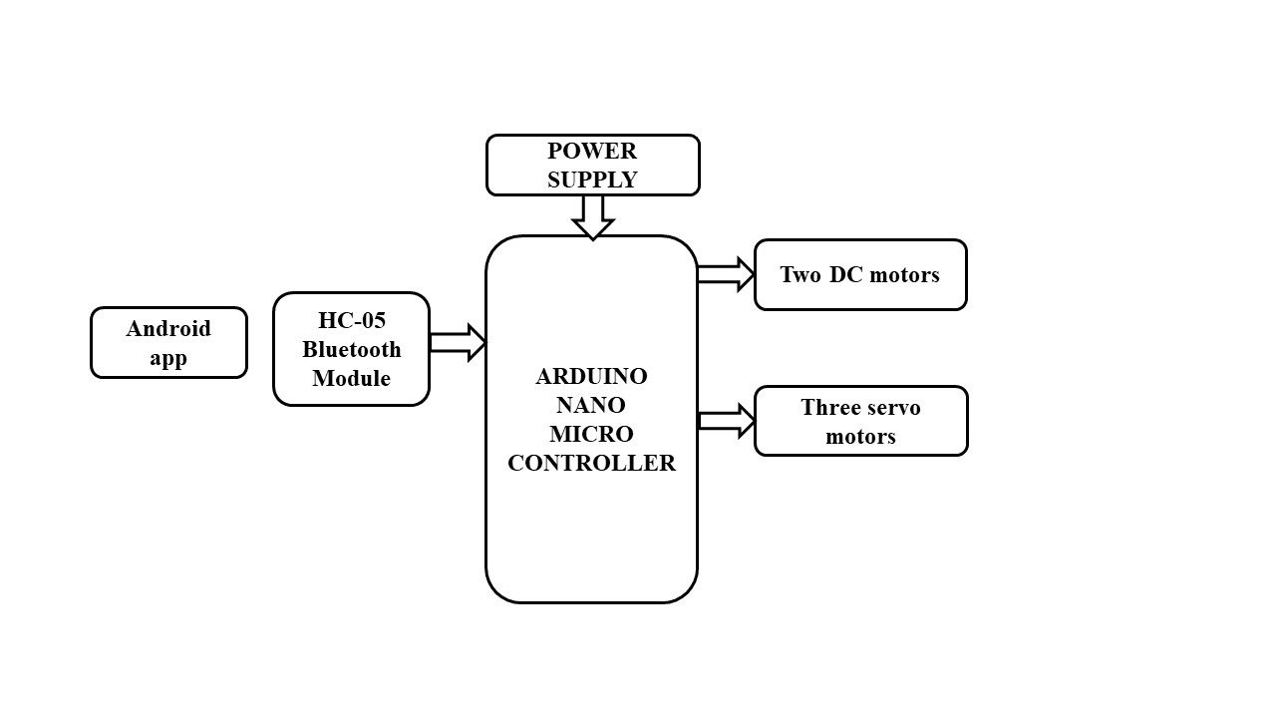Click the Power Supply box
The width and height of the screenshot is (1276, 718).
pyautogui.click(x=592, y=166)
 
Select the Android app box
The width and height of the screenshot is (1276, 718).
pyautogui.click(x=168, y=343)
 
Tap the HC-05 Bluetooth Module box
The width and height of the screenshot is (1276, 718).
pyautogui.click(x=351, y=349)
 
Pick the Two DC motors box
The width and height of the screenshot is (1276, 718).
pyautogui.click(x=860, y=274)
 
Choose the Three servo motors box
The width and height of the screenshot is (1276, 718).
pyautogui.click(x=860, y=421)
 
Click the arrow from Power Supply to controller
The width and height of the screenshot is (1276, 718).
pyautogui.click(x=592, y=216)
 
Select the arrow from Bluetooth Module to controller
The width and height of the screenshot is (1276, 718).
pyautogui.click(x=457, y=342)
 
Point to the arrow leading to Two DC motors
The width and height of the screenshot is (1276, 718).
pyautogui.click(x=725, y=274)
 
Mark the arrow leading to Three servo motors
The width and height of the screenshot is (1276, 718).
pyautogui.click(x=726, y=421)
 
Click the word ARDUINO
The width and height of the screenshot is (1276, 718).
pyautogui.click(x=591, y=377)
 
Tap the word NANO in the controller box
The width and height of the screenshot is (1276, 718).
pyautogui.click(x=591, y=406)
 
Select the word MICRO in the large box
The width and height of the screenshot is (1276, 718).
pyautogui.click(x=591, y=435)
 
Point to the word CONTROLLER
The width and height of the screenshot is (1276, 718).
pyautogui.click(x=591, y=464)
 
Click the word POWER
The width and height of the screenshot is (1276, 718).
pyautogui.click(x=592, y=152)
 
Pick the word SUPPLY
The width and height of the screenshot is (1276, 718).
pyautogui.click(x=592, y=180)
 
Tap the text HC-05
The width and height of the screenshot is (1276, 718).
pyautogui.click(x=351, y=321)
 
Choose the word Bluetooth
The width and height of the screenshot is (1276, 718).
pyautogui.click(x=352, y=350)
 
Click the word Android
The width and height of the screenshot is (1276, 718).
pyautogui.click(x=168, y=329)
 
